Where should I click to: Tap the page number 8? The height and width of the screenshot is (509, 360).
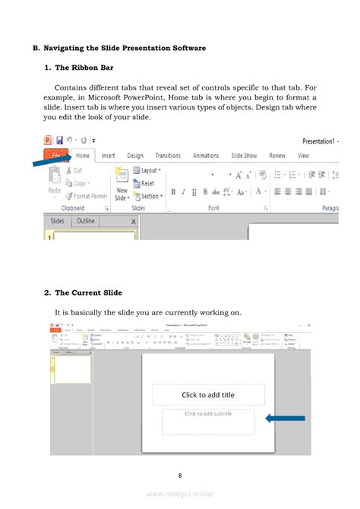pyautogui.click(x=180, y=476)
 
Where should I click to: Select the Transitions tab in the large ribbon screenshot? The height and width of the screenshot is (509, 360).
pyautogui.click(x=168, y=156)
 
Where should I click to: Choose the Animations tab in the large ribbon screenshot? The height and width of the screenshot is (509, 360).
pyautogui.click(x=206, y=156)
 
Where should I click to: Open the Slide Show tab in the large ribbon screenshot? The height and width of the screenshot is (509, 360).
pyautogui.click(x=244, y=156)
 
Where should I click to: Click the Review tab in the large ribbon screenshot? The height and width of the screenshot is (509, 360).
pyautogui.click(x=277, y=156)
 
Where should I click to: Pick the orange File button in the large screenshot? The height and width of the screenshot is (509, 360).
pyautogui.click(x=55, y=156)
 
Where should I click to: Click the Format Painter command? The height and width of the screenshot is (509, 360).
pyautogui.click(x=90, y=196)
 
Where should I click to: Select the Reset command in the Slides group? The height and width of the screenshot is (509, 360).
pyautogui.click(x=147, y=183)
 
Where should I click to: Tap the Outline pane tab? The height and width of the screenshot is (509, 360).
pyautogui.click(x=86, y=221)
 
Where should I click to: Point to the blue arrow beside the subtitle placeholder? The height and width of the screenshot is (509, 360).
pyautogui.click(x=285, y=418)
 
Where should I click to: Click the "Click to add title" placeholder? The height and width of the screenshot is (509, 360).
pyautogui.click(x=208, y=394)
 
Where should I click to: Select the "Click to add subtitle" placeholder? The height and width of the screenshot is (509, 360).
pyautogui.click(x=208, y=414)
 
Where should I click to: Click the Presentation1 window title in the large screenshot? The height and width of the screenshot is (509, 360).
pyautogui.click(x=320, y=141)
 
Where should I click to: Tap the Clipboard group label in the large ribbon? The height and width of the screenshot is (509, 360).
pyautogui.click(x=73, y=207)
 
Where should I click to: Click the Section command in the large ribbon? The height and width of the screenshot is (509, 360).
pyautogui.click(x=150, y=196)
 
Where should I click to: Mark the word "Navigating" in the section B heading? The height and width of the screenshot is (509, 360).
pyautogui.click(x=71, y=49)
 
